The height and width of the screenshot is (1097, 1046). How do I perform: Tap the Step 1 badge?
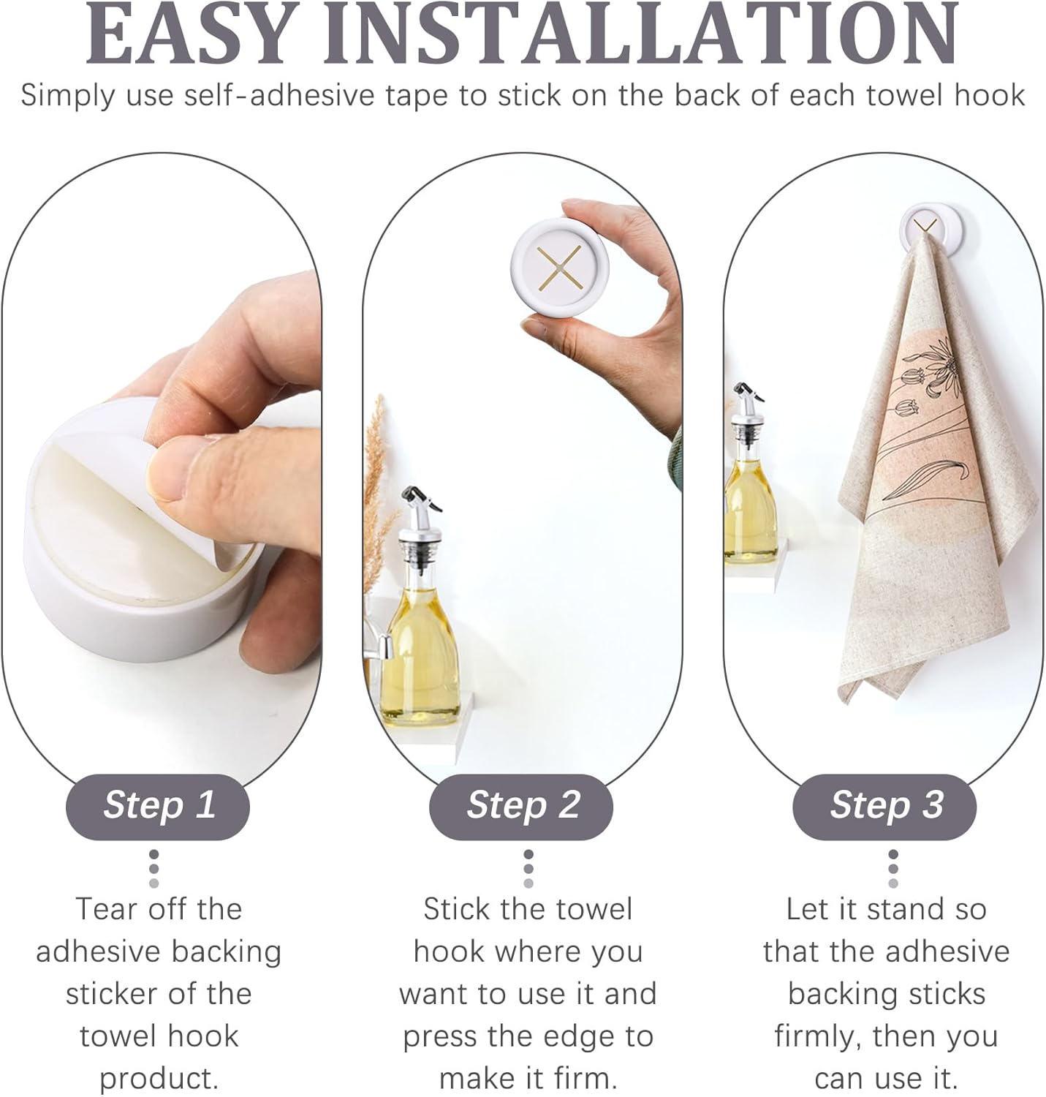point(159,805)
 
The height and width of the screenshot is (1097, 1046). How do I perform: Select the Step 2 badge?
point(522,805)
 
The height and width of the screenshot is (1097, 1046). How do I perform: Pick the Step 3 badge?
point(885,805)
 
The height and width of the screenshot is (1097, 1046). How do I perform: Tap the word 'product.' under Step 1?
point(159,1078)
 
